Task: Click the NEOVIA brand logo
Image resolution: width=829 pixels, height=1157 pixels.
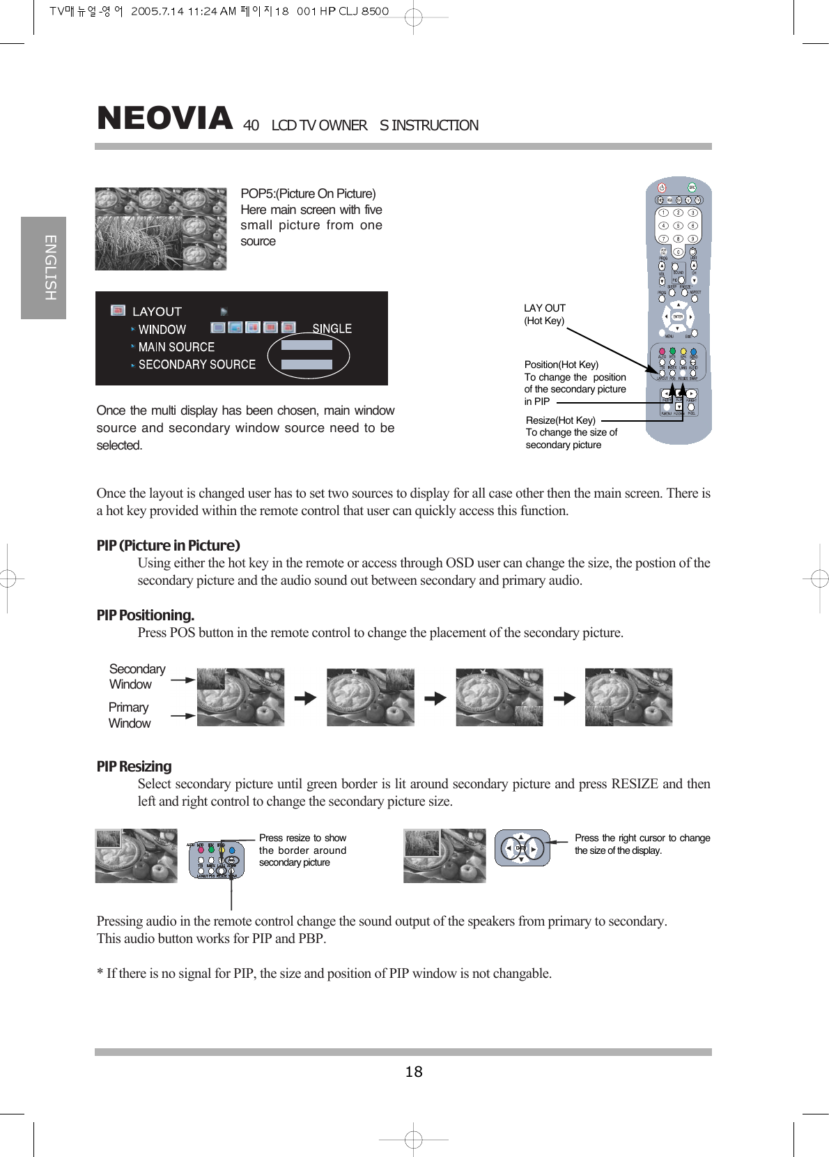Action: tap(164, 118)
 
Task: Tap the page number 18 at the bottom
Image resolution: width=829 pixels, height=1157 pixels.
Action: tap(414, 1072)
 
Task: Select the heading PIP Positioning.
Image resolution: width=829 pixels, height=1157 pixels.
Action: tap(145, 615)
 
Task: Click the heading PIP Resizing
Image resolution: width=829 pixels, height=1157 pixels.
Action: tap(134, 766)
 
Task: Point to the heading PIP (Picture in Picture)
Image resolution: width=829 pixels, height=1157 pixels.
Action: tap(168, 545)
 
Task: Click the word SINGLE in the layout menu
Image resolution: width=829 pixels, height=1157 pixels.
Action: tap(332, 328)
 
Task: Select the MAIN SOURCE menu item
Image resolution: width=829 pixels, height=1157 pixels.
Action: tap(176, 346)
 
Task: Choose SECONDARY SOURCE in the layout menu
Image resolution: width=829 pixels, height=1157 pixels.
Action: tap(196, 365)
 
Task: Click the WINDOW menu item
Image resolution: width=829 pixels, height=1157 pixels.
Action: tap(162, 329)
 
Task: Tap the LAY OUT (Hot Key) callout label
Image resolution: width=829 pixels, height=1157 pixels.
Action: tap(544, 314)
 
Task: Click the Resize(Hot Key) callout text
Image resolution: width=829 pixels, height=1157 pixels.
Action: tap(561, 420)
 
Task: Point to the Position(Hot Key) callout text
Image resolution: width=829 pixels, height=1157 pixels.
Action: tap(561, 365)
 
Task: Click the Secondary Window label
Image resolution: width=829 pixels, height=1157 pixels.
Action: tap(137, 676)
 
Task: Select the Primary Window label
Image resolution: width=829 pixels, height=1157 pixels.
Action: tap(129, 715)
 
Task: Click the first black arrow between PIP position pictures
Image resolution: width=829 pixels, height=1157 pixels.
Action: tap(305, 698)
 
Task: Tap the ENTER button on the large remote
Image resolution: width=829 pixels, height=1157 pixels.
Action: tap(678, 317)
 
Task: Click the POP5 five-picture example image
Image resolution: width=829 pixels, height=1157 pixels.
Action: tap(161, 229)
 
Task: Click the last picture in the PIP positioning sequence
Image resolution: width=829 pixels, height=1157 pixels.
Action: tap(628, 697)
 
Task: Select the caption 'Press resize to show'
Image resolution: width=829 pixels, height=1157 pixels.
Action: tap(302, 838)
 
